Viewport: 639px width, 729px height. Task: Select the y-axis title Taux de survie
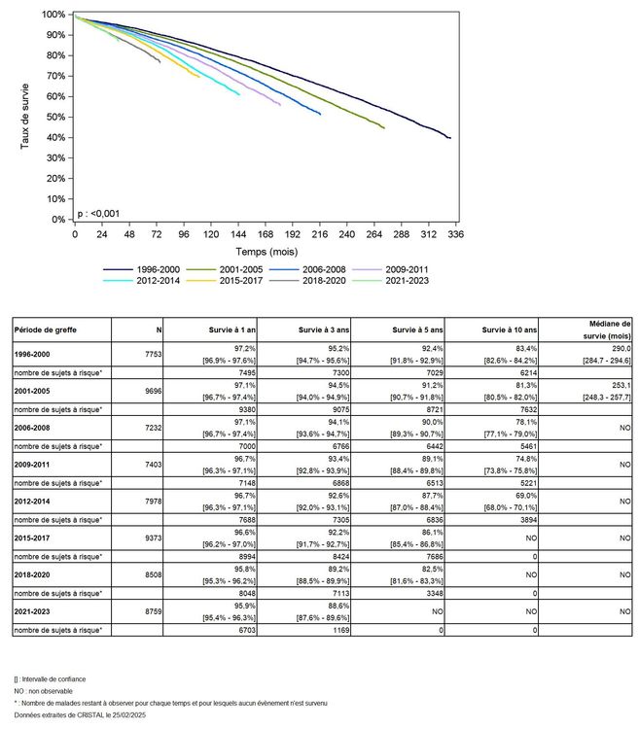coord(25,117)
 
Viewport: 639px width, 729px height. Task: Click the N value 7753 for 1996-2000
coord(152,358)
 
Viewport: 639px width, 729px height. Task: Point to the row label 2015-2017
coord(35,535)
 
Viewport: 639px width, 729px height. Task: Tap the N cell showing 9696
coord(152,393)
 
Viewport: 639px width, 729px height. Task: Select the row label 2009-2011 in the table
coord(35,464)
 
